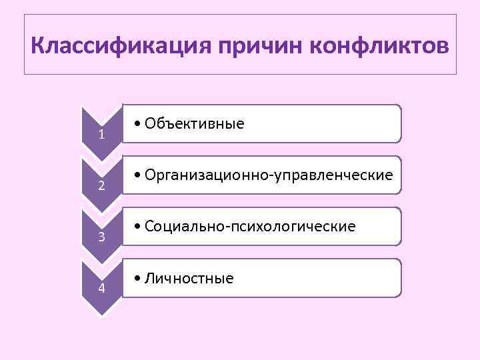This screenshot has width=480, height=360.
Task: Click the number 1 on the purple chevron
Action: [101, 135]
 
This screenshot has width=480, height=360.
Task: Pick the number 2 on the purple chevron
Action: [101, 185]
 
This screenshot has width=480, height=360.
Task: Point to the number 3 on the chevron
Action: [101, 237]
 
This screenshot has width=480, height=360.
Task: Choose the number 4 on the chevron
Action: [101, 288]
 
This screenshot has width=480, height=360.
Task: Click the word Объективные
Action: [194, 123]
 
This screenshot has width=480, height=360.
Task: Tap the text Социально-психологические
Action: [249, 227]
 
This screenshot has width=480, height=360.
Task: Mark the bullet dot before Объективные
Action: [136, 124]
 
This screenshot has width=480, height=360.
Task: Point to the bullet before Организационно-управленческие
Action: [136, 175]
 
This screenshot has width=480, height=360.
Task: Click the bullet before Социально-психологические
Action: [136, 227]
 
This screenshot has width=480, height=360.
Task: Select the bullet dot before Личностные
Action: [136, 279]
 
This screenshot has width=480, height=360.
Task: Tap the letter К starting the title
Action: [39, 47]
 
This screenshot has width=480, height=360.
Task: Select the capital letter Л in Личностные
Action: [148, 278]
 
